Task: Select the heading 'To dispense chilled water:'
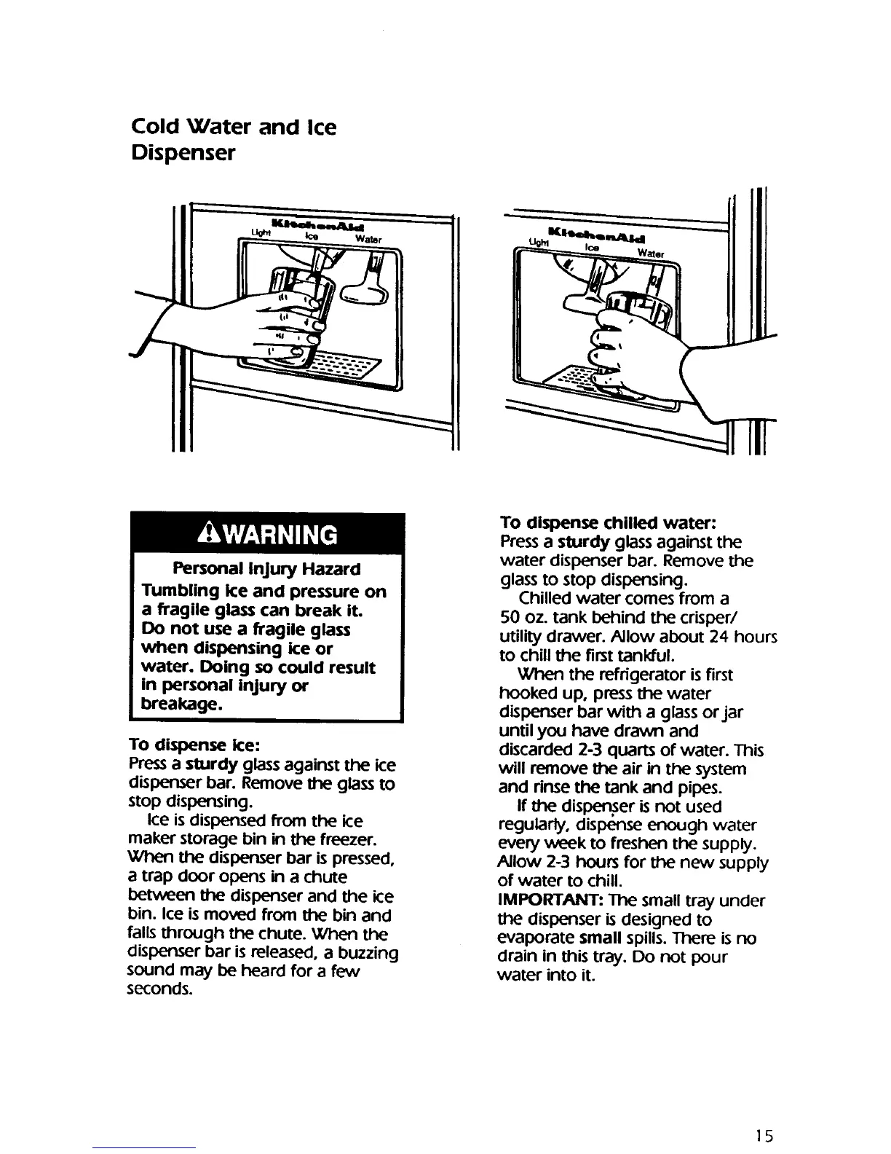pos(609,523)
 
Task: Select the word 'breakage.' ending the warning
pos(178,705)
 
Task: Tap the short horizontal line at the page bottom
pos(144,1147)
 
